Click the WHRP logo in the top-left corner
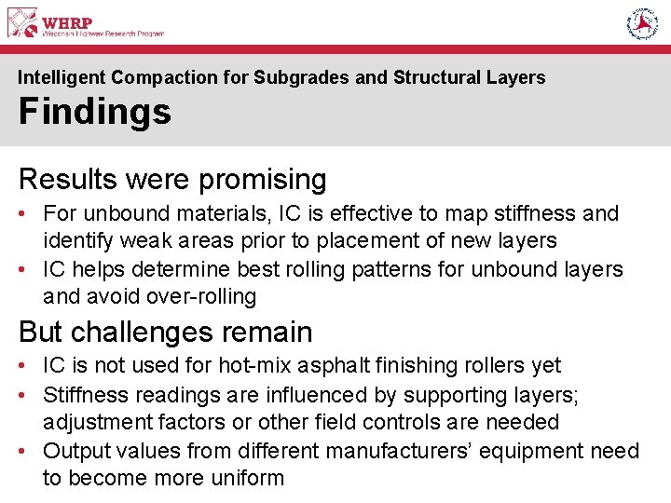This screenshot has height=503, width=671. click(86, 22)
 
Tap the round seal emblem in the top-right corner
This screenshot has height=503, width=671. click(642, 23)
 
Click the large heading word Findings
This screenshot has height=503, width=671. click(94, 112)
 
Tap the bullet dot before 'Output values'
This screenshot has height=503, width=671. click(24, 451)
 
